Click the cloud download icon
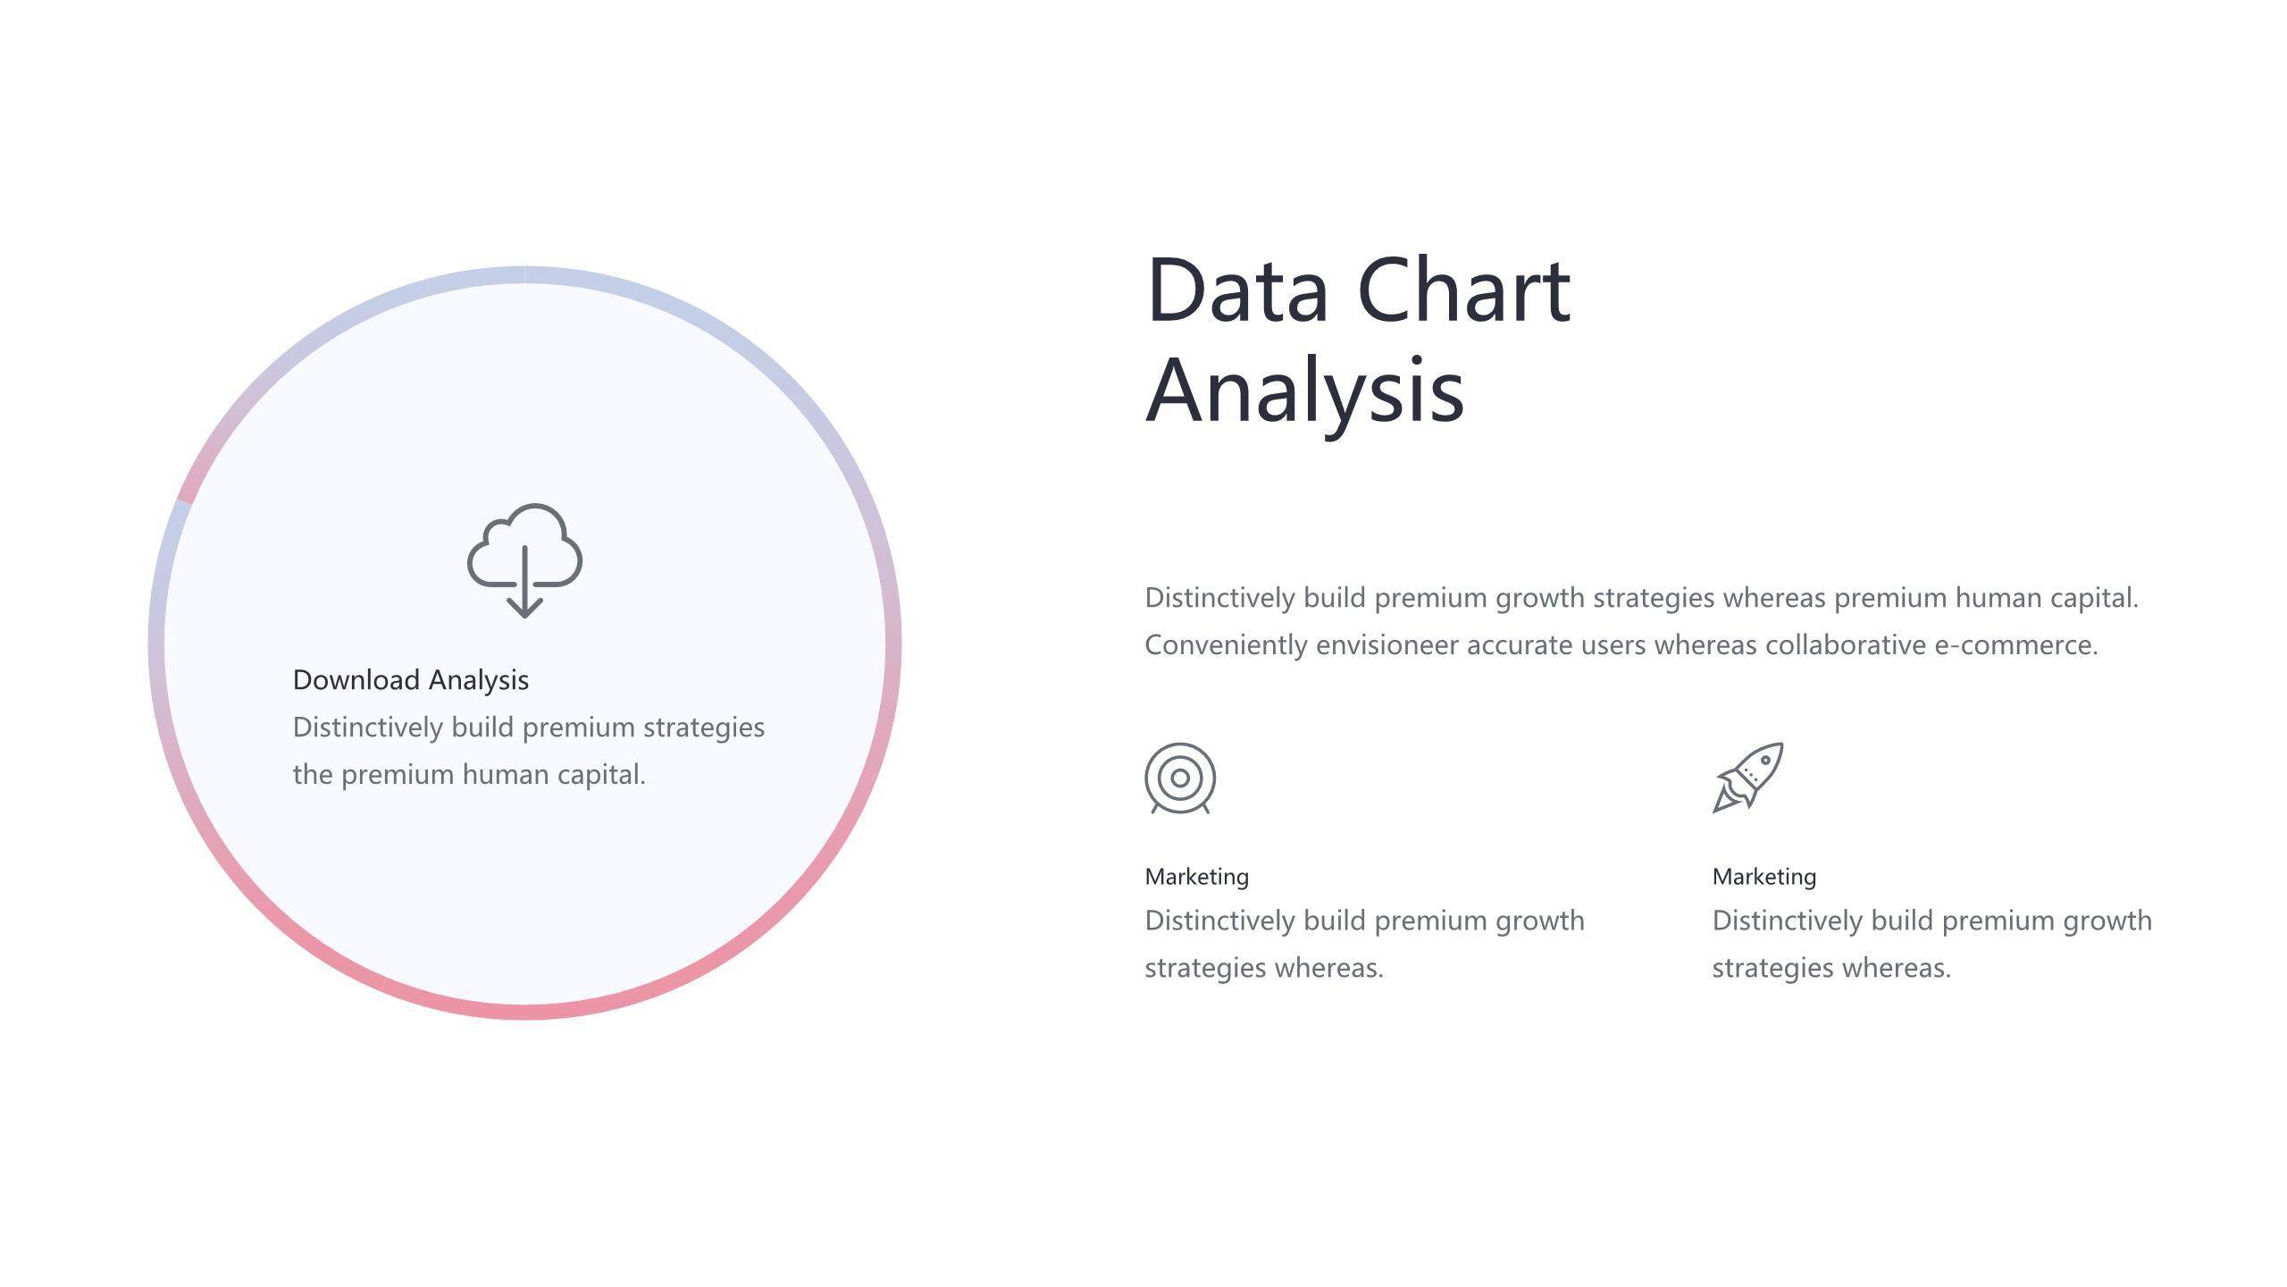524,560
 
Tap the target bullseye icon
1180,778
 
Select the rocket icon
1748,778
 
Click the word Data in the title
1237,290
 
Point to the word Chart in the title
1464,290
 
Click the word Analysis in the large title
1305,391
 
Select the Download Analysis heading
411,680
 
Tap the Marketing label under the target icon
1197,877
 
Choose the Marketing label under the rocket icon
1764,877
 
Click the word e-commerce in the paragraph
2016,645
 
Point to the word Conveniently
1227,645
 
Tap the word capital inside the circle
601,775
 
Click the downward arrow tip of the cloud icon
524,618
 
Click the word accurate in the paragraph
1520,645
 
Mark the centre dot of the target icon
1180,778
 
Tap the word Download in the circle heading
356,680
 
